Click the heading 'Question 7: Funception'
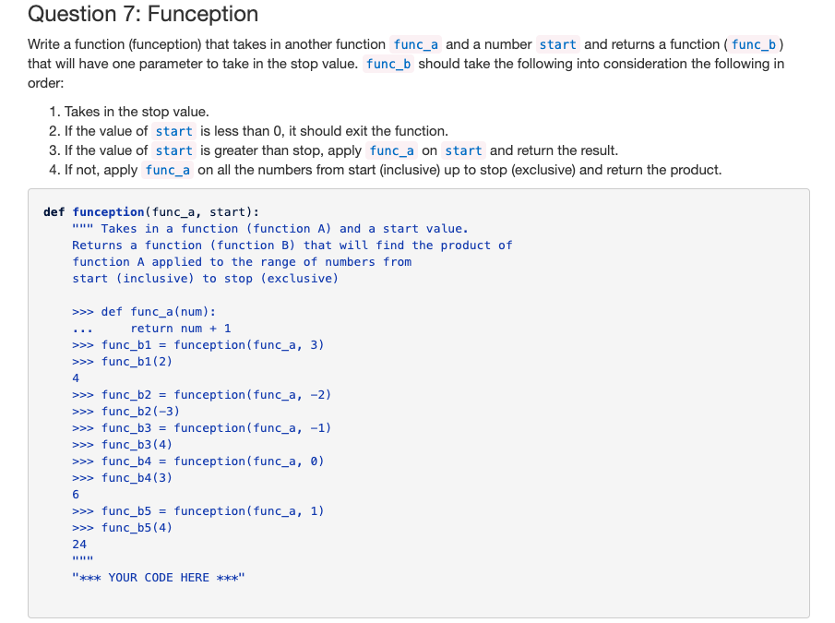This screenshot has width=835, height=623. (x=143, y=15)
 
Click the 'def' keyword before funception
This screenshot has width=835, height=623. (x=54, y=212)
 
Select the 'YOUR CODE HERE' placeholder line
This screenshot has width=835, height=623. (x=160, y=578)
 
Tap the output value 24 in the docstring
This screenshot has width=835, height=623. (x=79, y=545)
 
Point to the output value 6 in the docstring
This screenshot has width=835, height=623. (x=76, y=495)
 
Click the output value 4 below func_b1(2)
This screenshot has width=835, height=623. (x=76, y=378)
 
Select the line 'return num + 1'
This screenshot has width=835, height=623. (x=181, y=329)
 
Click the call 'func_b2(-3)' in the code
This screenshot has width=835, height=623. (x=140, y=412)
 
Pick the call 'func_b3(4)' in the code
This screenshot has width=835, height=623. (x=137, y=445)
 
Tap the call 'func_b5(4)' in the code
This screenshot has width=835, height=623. (x=137, y=528)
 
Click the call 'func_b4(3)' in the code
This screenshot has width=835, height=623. (x=137, y=478)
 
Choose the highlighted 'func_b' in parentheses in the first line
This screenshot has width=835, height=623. (x=756, y=44)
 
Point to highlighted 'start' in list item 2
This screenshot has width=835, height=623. (x=173, y=131)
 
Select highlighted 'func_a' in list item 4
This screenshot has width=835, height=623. (x=168, y=170)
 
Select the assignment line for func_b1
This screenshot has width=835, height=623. (x=212, y=345)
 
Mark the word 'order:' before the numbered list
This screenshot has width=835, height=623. (x=46, y=83)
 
